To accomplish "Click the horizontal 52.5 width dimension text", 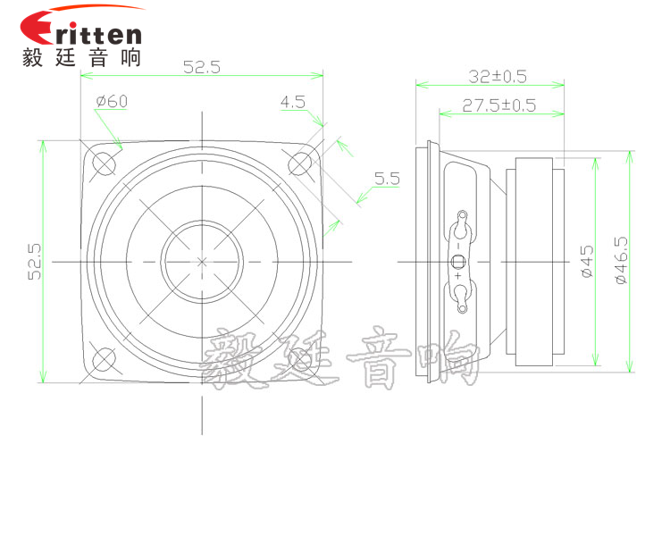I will tap(201, 66).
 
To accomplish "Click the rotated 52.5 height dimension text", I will tap(35, 262).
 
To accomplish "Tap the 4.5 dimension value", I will tap(292, 102).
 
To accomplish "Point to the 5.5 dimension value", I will tap(387, 179).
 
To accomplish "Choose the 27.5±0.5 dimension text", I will tap(499, 105).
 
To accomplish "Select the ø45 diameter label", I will tap(586, 262).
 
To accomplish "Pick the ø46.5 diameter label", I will tap(621, 262).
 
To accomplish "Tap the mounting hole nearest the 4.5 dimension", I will tap(298, 163).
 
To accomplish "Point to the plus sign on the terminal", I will tap(458, 277).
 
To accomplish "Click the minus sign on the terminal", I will tap(458, 245).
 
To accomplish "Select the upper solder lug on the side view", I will tap(462, 219).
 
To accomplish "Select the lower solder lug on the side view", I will tap(462, 303).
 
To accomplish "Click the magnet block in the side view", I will tap(533, 262).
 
